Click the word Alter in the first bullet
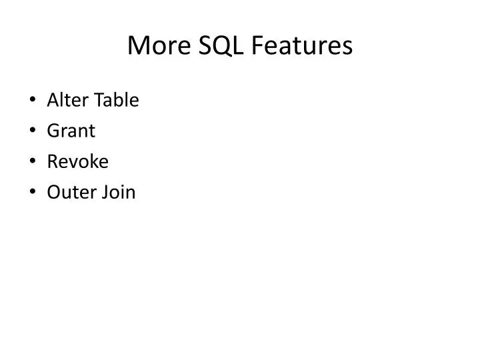click(x=62, y=101)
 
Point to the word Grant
click(x=71, y=131)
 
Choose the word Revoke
click(x=77, y=162)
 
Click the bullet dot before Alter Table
click(x=33, y=101)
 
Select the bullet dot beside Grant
click(x=33, y=132)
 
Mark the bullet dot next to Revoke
click(x=33, y=163)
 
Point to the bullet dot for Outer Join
click(x=33, y=193)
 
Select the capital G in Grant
click(x=53, y=131)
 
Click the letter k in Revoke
click(x=92, y=162)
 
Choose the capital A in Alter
click(x=53, y=101)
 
